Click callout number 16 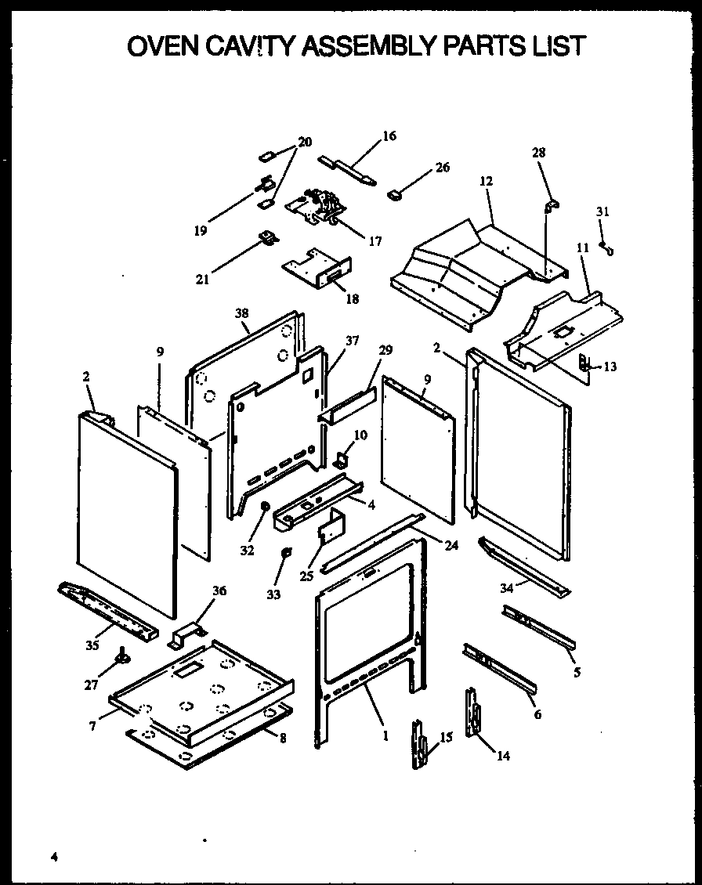click(389, 136)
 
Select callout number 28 click(539, 152)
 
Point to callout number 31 click(602, 211)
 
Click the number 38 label click(241, 313)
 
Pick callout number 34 click(508, 588)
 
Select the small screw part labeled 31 click(606, 247)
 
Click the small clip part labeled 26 click(394, 193)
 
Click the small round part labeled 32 click(264, 507)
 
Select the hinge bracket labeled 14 click(472, 713)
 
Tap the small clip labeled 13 click(584, 363)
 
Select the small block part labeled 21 click(267, 237)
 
